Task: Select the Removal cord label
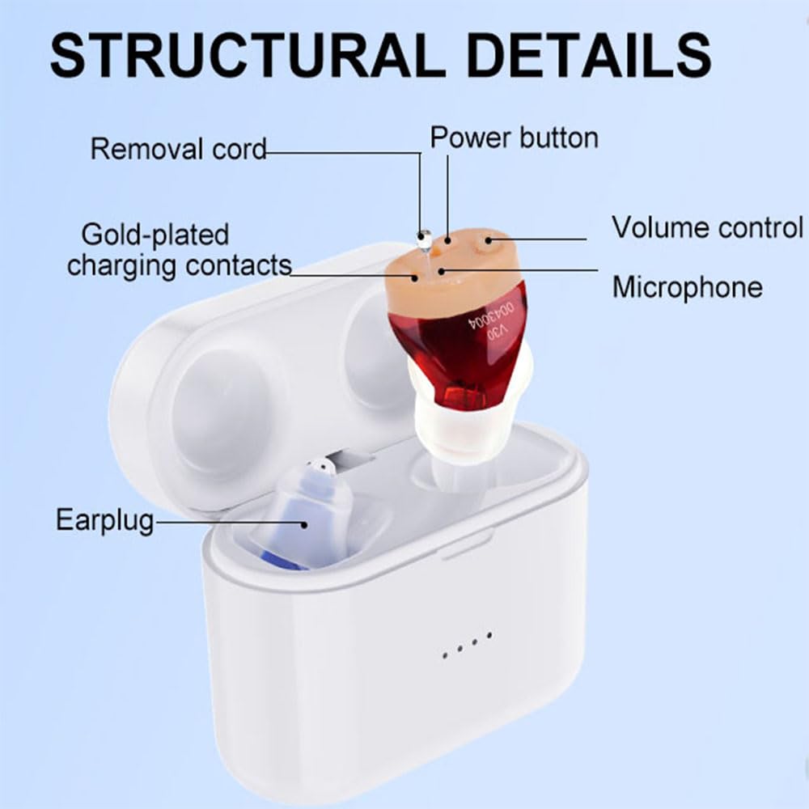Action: (178, 150)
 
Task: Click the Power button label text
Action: (514, 138)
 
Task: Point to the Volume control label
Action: (707, 227)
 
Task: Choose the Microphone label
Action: (687, 287)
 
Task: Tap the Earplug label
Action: (104, 520)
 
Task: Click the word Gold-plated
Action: (155, 235)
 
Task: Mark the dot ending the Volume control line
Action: (488, 239)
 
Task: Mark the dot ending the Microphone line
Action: (441, 270)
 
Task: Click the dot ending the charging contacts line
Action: (415, 277)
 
